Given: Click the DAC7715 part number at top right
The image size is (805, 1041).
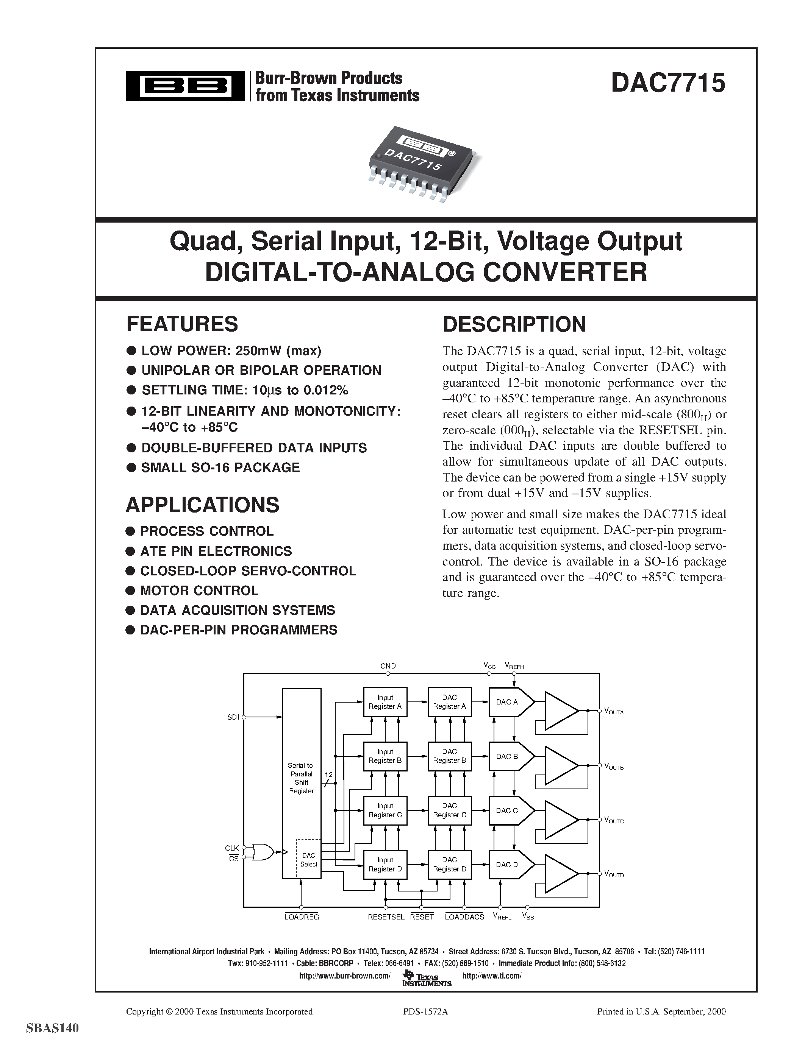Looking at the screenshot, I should point(667,83).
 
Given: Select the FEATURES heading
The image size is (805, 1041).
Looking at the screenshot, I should point(182,324).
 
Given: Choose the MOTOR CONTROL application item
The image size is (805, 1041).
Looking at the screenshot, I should point(199,591).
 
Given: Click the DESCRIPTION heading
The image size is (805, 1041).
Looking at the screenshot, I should point(514,324).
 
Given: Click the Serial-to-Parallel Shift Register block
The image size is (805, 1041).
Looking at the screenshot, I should point(302,782).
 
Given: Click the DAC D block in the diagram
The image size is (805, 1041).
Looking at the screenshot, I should point(507,864).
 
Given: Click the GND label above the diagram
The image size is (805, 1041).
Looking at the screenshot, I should point(388,666).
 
